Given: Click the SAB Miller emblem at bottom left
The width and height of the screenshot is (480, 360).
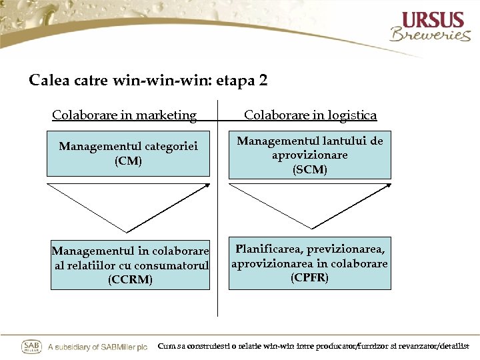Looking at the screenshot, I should (x=32, y=347).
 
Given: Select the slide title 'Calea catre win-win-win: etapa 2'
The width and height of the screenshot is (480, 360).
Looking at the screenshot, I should (x=148, y=81).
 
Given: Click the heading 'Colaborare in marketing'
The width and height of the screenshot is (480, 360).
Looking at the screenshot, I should (x=125, y=115).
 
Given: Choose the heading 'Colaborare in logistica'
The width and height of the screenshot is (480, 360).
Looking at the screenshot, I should (x=310, y=115).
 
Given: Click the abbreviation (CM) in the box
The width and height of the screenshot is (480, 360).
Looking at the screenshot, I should (x=128, y=161).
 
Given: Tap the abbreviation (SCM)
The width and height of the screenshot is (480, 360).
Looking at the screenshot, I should (x=310, y=170).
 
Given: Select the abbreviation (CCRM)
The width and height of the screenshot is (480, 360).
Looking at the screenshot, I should (x=130, y=280).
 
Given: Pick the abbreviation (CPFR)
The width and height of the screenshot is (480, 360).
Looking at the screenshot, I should (x=309, y=277).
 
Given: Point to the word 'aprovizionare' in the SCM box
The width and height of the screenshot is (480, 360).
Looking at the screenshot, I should (x=310, y=155).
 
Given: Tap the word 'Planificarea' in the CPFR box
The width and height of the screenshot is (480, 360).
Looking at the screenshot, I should (x=269, y=249).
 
